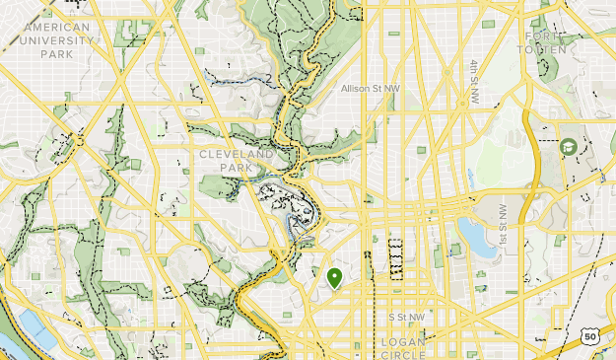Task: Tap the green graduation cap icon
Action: click(568, 146)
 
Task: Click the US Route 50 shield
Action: click(589, 336)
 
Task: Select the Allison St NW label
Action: click(371, 89)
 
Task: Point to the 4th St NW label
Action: click(474, 82)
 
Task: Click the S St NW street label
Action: click(406, 317)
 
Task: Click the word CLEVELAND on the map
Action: click(236, 155)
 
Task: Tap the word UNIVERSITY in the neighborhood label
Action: click(58, 40)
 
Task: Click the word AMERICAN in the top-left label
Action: click(57, 27)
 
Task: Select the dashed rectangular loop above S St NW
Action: click(396, 254)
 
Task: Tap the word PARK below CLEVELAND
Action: click(236, 169)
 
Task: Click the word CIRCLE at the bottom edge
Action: click(403, 354)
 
